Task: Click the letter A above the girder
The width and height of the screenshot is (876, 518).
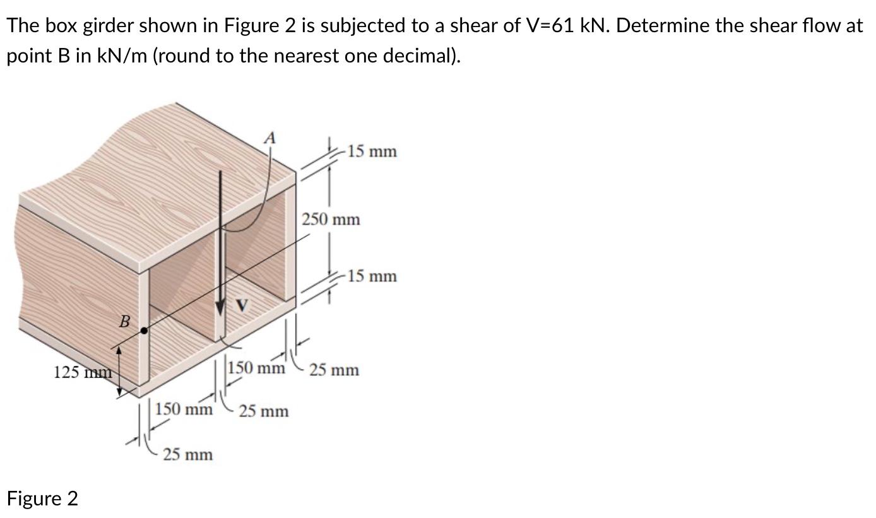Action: click(269, 138)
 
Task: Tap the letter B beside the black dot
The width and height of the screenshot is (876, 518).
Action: click(125, 323)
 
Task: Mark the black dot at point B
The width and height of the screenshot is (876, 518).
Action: click(145, 330)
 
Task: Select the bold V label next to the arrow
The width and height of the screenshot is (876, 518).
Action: click(241, 305)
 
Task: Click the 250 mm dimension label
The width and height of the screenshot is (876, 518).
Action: click(331, 220)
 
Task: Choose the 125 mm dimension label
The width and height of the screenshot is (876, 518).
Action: click(83, 372)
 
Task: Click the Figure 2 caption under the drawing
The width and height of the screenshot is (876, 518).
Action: click(42, 498)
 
